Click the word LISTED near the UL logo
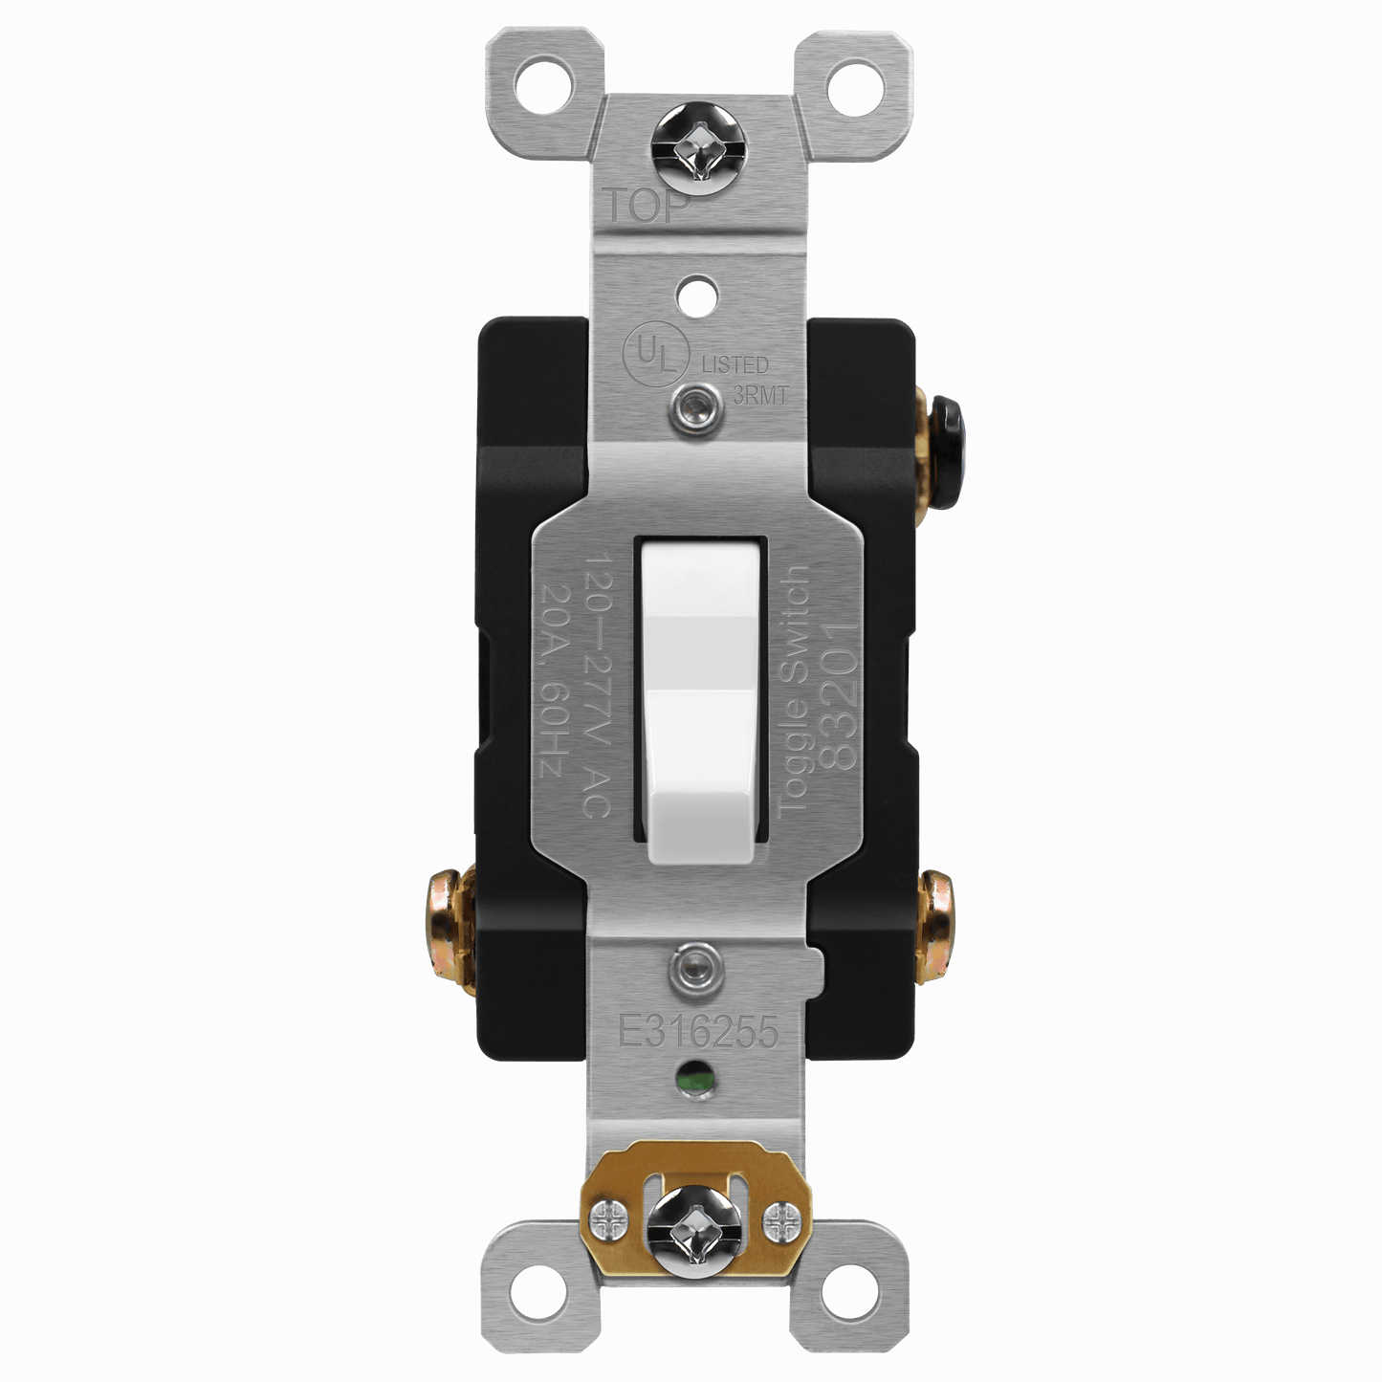(735, 364)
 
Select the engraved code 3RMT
(759, 396)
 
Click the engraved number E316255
(698, 1033)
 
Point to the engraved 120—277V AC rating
(596, 685)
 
